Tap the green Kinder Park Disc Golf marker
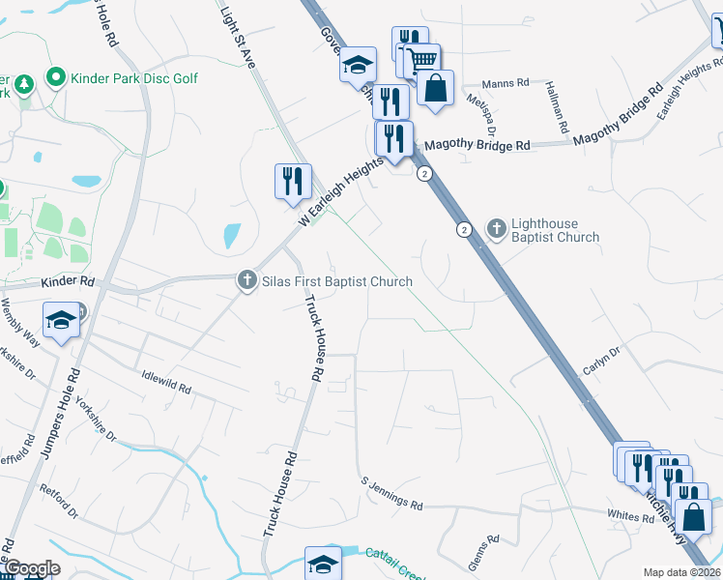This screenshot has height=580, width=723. coord(56,76)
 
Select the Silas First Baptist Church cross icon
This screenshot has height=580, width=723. coord(246,280)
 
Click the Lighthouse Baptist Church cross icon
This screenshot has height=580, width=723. coord(497,229)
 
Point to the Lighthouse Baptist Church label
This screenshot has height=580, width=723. coord(555,230)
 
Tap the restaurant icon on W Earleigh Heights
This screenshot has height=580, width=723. coord(292,181)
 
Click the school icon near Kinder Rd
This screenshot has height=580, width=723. coord(60,320)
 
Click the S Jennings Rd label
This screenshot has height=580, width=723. coord(391,492)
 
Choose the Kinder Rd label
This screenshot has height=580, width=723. coord(67,282)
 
